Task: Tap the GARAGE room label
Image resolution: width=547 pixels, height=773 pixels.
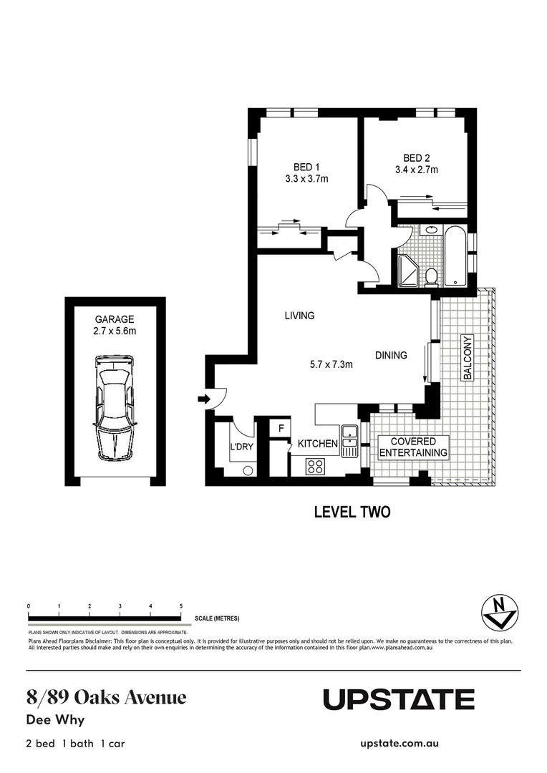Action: coord(115,319)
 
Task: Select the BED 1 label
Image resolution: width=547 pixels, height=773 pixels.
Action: coord(306,167)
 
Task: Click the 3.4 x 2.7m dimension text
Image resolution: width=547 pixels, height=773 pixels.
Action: coord(416,170)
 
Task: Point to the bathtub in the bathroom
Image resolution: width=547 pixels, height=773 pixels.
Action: coord(455,256)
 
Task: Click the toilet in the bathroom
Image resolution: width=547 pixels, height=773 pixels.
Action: coord(431,276)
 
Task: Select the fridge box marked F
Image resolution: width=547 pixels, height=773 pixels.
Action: coord(281,428)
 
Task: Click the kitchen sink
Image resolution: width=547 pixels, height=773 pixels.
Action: coord(349,442)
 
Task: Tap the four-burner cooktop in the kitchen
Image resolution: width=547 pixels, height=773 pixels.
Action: coord(315,467)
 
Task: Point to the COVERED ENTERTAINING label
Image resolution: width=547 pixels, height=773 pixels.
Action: coord(413,447)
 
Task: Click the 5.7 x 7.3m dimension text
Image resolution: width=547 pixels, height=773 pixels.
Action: coord(331,364)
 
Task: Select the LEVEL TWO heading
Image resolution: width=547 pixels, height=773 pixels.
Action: coord(352,512)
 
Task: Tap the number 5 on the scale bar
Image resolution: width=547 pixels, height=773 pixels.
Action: coord(181,606)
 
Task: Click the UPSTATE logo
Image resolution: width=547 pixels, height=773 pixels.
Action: coord(398,699)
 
